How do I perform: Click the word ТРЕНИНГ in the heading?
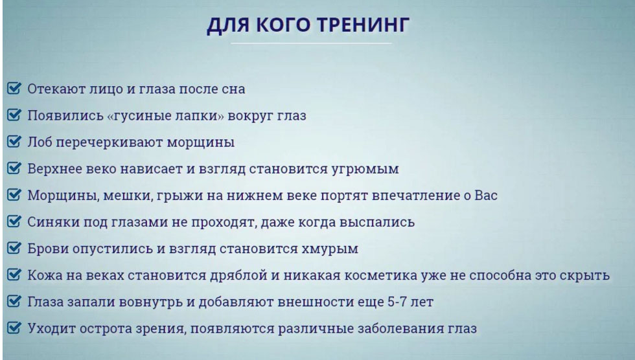(367, 26)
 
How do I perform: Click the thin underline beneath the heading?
(311, 43)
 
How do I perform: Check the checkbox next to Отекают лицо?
(14, 88)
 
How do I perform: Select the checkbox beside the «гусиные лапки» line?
(14, 115)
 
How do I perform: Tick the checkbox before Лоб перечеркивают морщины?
(14, 142)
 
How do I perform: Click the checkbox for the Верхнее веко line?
(14, 168)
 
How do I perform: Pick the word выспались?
(378, 222)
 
